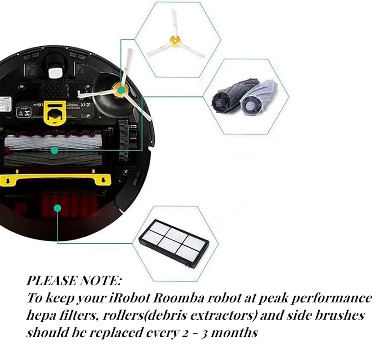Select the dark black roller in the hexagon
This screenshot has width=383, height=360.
click(225, 98)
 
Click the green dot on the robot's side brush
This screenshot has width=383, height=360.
click(121, 90)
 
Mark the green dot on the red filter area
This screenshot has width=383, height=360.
click(57, 208)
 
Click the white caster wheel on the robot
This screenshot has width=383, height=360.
click(54, 71)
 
